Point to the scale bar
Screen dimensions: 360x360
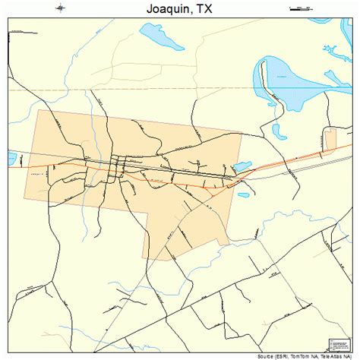(x=301, y=9)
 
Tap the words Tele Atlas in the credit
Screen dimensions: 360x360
(x=331, y=355)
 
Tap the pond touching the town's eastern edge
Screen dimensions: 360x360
(x=242, y=166)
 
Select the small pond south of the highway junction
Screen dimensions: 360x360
(x=243, y=194)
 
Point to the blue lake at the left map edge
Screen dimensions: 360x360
(x=11, y=159)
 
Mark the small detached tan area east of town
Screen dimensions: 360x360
(x=330, y=138)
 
